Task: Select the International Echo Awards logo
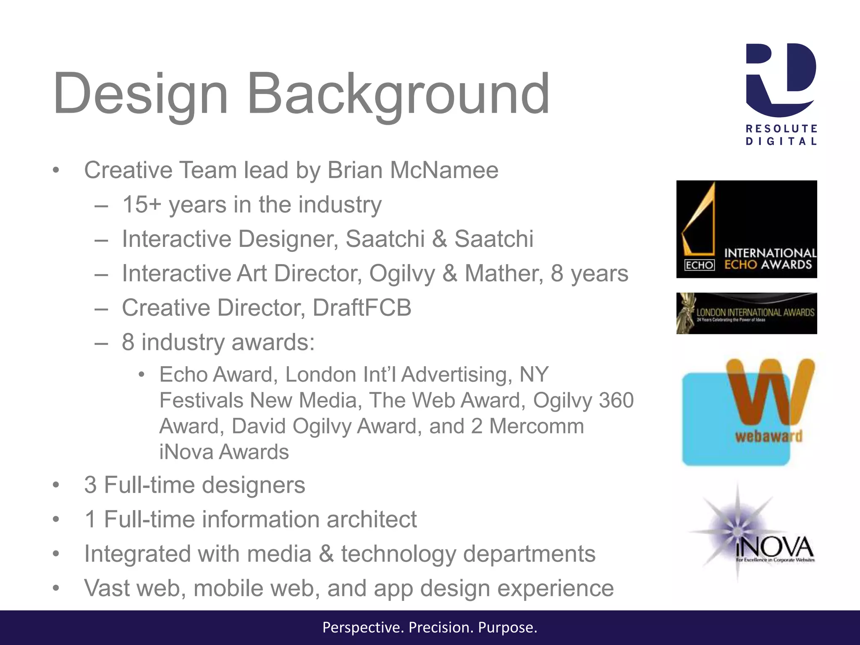pyautogui.click(x=746, y=229)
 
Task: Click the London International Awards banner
pyautogui.click(x=746, y=313)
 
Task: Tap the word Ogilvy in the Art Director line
pyautogui.click(x=402, y=274)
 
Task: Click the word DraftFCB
pyautogui.click(x=362, y=308)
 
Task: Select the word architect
pyautogui.click(x=372, y=519)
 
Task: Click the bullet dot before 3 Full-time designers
pyautogui.click(x=56, y=485)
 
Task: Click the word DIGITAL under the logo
pyautogui.click(x=781, y=141)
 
